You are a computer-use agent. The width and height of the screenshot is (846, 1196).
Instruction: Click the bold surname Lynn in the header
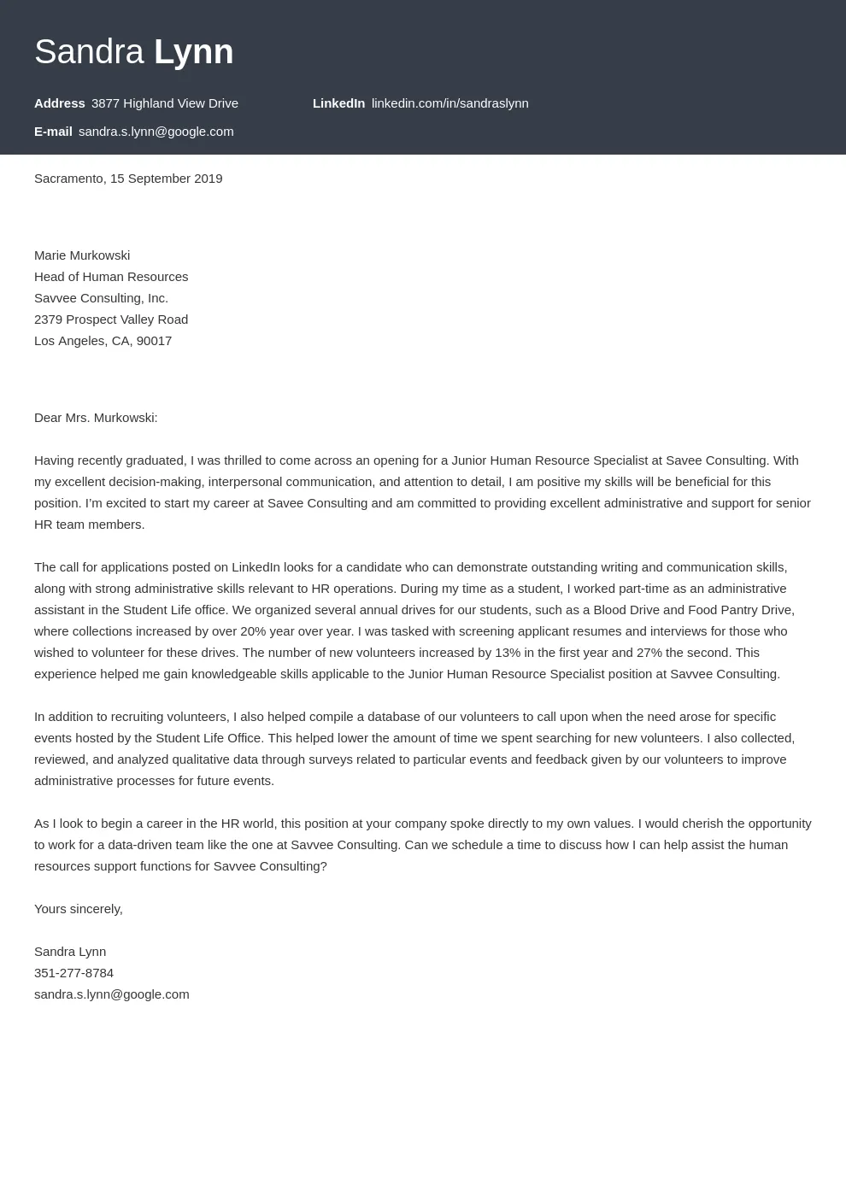[193, 52]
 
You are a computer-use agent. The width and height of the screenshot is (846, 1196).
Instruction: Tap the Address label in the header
[59, 103]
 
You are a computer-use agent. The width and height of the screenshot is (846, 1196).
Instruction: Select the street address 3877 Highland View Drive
[164, 103]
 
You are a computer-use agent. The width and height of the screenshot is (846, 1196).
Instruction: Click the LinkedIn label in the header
[338, 103]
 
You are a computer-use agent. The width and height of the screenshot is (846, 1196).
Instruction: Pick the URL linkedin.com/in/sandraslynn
[449, 103]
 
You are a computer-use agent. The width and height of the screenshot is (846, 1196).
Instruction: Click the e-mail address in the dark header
[156, 132]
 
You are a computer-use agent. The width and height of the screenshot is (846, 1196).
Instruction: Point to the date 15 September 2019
[166, 179]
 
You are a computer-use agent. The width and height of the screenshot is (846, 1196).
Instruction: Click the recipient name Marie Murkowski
[82, 255]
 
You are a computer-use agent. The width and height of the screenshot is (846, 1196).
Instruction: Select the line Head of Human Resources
[111, 277]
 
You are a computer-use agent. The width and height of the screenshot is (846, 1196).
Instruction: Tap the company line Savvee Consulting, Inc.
[101, 298]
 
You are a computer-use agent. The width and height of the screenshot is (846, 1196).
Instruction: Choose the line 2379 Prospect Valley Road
[111, 320]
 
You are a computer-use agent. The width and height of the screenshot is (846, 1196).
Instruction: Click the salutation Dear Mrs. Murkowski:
[96, 418]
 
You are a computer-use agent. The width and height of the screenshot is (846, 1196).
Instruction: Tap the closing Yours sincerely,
[79, 909]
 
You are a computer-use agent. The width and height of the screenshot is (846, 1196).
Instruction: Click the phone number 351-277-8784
[73, 973]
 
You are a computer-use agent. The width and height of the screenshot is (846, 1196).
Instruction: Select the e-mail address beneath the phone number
[111, 994]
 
